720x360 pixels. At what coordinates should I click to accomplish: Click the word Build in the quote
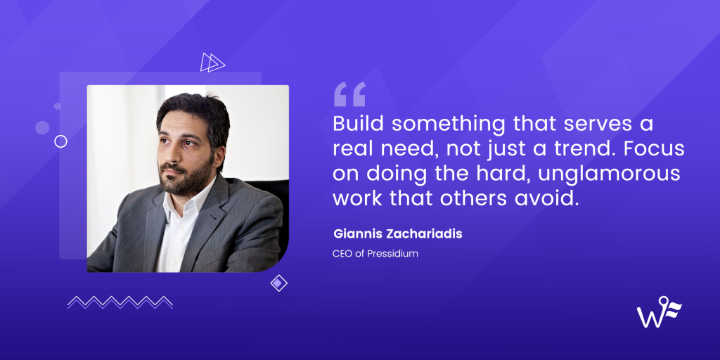358,124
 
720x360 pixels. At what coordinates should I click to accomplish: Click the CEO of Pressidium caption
375,253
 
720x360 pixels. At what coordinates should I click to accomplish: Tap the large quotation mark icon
349,94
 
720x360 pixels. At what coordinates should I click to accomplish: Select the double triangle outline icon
212,63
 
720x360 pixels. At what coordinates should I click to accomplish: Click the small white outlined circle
60,141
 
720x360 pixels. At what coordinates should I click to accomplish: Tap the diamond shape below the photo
279,283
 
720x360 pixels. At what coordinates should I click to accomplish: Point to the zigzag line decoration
120,302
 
